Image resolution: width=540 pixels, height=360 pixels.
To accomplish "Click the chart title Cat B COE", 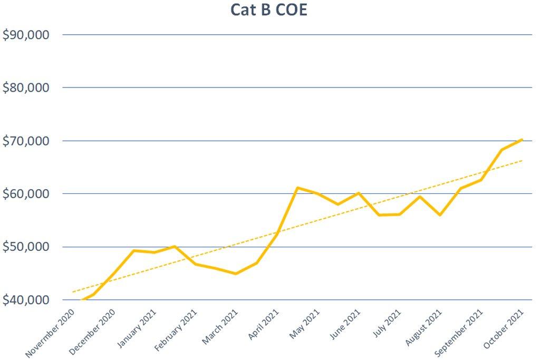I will tap(268, 9).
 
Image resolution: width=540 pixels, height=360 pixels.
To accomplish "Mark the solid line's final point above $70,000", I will tap(522, 139).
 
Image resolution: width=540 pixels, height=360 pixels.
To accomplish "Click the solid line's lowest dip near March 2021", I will tap(235, 274).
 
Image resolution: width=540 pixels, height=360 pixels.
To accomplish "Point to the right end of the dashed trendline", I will tap(522, 161).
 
